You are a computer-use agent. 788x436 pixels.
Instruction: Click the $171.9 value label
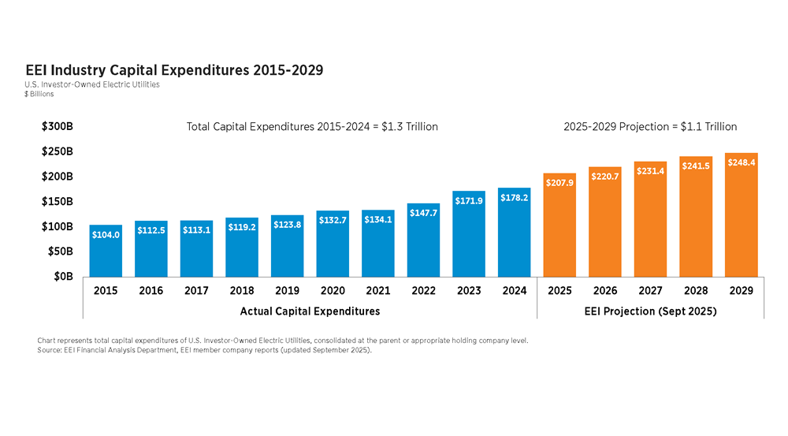click(x=469, y=201)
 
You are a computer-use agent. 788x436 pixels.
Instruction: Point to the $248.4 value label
click(x=742, y=162)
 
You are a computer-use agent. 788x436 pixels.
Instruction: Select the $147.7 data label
click(x=423, y=213)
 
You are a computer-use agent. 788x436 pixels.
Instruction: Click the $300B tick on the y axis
click(x=58, y=126)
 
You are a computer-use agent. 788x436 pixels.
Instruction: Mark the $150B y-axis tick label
click(x=58, y=201)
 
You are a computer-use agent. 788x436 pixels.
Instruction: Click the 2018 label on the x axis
click(x=242, y=291)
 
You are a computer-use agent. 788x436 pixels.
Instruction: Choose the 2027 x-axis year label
click(x=650, y=291)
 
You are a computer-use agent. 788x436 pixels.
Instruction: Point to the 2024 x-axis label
click(x=514, y=291)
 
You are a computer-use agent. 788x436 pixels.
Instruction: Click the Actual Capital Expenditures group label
click(x=310, y=311)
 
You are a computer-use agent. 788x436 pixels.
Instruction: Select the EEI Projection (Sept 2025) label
click(x=650, y=311)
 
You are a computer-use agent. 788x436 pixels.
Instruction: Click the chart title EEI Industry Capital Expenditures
click(x=174, y=70)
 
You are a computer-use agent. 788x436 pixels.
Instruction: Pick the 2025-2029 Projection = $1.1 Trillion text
click(x=650, y=126)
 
